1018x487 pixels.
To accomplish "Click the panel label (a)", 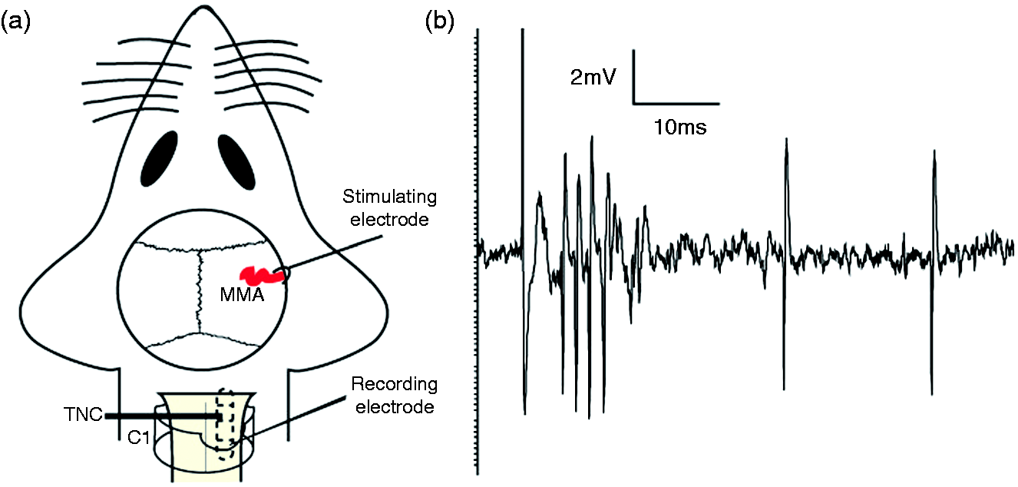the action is [x=16, y=22].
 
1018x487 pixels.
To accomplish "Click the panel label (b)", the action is [x=439, y=22].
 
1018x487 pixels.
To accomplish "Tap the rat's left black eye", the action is [x=159, y=158].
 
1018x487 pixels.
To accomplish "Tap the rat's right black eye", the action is [x=236, y=161].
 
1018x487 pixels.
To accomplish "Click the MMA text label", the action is [x=242, y=295].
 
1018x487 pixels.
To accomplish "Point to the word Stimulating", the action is [x=389, y=197].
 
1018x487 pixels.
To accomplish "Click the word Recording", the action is [x=395, y=384].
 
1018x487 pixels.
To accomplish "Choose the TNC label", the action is [x=83, y=415].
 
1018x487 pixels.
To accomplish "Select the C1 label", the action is [x=139, y=437].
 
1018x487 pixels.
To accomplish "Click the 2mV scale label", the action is [x=593, y=78].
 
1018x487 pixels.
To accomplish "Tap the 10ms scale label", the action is [x=680, y=128].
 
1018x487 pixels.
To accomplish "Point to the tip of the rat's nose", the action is [x=204, y=6].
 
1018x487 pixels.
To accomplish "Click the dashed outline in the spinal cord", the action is [x=226, y=424].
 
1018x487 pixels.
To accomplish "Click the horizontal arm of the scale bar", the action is [x=676, y=104].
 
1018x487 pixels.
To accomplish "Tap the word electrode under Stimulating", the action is [x=389, y=220].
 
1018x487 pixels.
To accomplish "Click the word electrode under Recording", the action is [x=395, y=406].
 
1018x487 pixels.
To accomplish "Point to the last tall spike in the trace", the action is [x=934, y=272].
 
